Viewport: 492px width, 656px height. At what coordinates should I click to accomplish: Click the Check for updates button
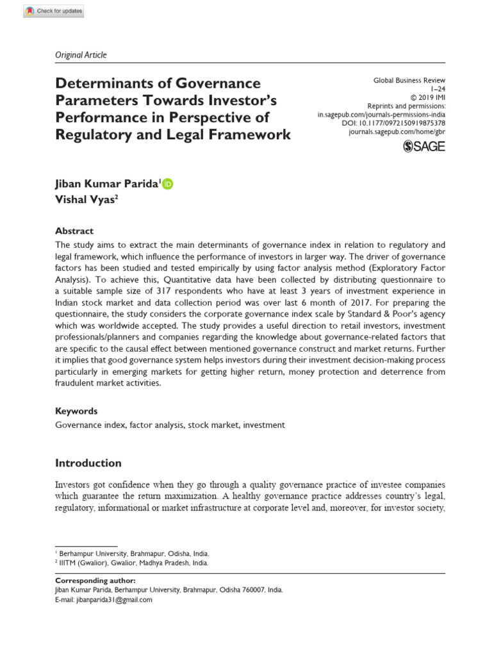tap(53, 12)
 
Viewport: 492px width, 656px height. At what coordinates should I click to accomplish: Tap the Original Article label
tap(81, 54)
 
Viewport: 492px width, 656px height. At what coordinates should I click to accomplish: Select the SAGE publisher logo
tap(424, 147)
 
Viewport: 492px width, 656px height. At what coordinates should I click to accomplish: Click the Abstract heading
tap(74, 231)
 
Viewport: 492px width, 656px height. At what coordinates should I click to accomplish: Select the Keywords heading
tap(76, 411)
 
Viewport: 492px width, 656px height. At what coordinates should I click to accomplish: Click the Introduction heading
tap(88, 463)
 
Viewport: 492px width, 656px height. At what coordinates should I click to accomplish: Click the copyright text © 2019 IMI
tap(428, 99)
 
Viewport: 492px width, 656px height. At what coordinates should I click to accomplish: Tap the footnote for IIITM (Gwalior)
tap(133, 563)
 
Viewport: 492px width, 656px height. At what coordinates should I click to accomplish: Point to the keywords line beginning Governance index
tap(170, 425)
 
